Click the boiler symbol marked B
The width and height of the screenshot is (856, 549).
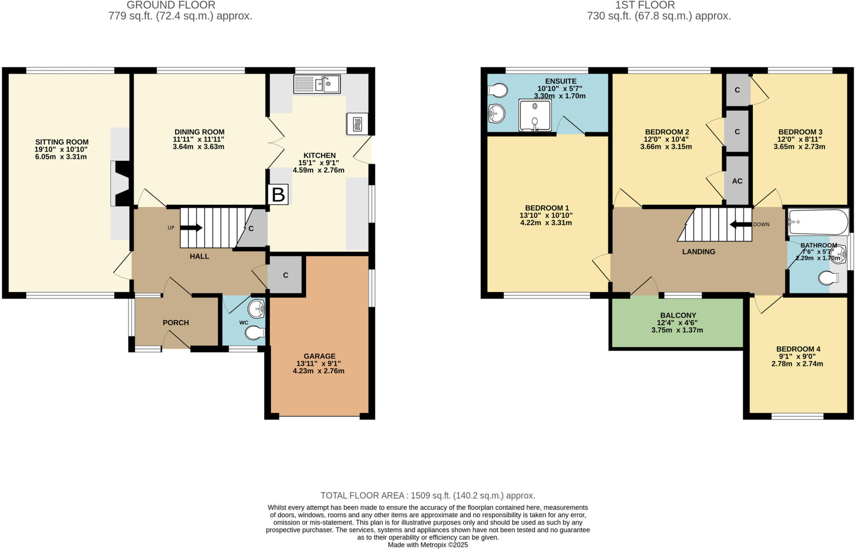tap(278, 194)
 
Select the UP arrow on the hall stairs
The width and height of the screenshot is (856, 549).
tap(191, 228)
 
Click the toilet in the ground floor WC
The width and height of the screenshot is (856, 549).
tap(255, 333)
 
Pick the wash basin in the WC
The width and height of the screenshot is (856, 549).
tap(256, 309)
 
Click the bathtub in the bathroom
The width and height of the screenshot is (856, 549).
tap(818, 222)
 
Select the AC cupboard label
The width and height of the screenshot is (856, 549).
tap(737, 181)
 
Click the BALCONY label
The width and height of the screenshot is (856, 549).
tap(678, 315)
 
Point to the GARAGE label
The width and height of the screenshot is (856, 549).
tap(319, 356)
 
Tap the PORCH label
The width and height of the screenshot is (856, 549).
tap(176, 323)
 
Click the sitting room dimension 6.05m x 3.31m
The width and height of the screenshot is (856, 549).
tap(61, 157)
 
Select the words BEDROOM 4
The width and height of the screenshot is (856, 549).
tap(798, 349)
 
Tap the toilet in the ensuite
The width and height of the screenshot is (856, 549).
tap(497, 90)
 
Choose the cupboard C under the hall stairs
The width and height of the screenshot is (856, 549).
tap(251, 229)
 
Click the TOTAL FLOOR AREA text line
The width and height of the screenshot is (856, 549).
tap(428, 495)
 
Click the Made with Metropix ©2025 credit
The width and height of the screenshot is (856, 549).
tap(428, 545)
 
